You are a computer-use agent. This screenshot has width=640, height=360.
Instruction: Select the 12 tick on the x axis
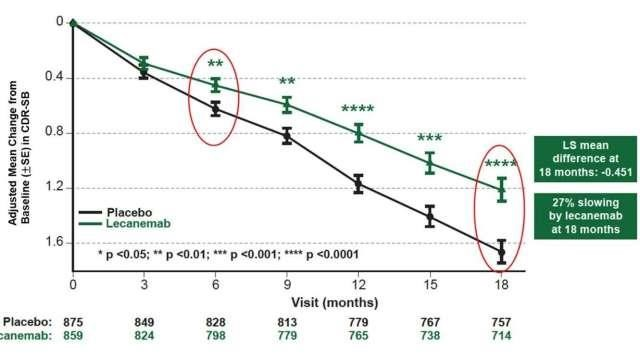[x=358, y=286]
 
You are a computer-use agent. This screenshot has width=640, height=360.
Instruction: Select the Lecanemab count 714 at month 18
[x=501, y=338]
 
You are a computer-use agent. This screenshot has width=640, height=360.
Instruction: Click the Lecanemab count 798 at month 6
[x=215, y=338]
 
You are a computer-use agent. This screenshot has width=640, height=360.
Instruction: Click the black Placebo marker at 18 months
[x=501, y=251]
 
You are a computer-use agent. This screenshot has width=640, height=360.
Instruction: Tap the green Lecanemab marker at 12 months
[x=358, y=132]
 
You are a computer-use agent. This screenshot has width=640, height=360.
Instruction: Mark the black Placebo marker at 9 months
[x=287, y=136]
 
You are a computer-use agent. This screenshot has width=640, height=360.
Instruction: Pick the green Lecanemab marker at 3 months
[x=144, y=63]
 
